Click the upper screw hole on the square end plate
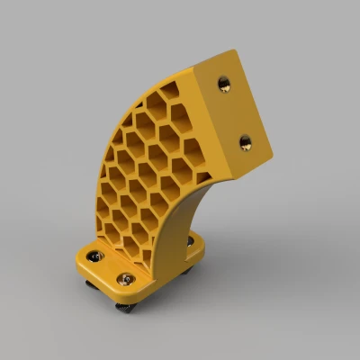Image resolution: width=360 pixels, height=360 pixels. tap(224, 84)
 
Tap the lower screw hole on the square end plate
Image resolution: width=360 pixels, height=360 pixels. tap(245, 140)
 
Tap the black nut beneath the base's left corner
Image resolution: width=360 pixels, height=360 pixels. tap(90, 285)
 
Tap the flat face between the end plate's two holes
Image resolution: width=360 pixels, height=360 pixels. tap(236, 112)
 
